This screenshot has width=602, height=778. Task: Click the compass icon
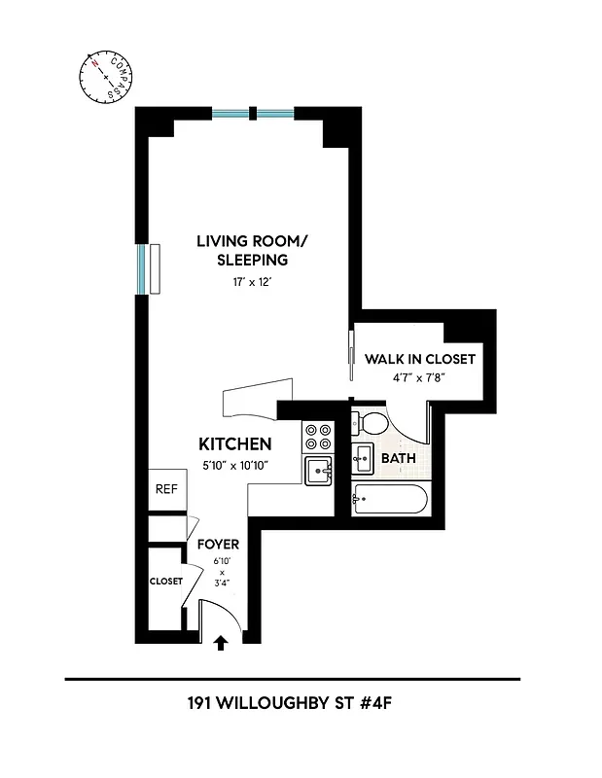pos(105,77)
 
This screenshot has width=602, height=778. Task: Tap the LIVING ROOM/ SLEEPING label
pos(242,250)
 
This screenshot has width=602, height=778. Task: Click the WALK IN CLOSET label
pos(420,359)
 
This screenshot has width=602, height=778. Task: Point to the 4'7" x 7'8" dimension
pos(420,378)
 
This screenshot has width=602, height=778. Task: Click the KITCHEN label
pos(234,444)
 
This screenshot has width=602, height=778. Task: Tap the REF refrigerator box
pos(166,490)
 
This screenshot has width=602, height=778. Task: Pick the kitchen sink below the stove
pos(318,472)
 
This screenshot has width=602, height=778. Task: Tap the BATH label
pos(399,457)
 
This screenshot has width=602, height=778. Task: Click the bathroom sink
pos(363,456)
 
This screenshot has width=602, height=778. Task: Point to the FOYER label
pos(218,545)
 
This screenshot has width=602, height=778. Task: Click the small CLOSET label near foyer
pos(165,581)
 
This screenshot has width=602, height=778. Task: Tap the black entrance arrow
pos(221,642)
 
